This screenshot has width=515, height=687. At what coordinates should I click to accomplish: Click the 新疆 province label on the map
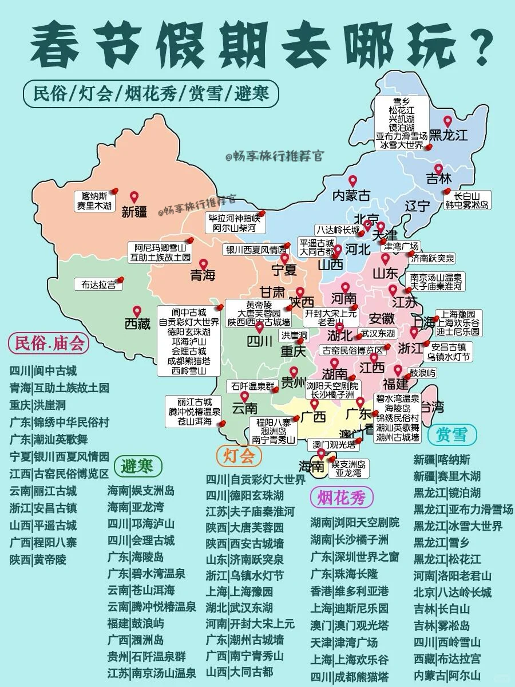(x=134, y=212)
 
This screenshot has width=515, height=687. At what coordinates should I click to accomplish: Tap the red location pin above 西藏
(x=137, y=311)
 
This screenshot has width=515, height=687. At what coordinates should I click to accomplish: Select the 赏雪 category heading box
(x=451, y=435)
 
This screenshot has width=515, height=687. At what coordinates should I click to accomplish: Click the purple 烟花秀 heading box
(x=341, y=498)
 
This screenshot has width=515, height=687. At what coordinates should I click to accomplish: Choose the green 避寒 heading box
(x=137, y=467)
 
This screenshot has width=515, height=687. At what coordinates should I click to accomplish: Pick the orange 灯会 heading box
(x=239, y=456)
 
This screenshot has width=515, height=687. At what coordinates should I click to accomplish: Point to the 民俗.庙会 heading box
(x=49, y=343)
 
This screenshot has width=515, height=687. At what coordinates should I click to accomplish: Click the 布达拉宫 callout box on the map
(x=98, y=284)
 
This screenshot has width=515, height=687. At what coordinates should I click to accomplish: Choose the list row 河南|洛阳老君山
(x=452, y=575)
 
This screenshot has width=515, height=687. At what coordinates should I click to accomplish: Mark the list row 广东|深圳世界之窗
(x=355, y=556)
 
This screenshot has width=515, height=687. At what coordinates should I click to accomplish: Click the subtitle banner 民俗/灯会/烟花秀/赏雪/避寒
(x=150, y=93)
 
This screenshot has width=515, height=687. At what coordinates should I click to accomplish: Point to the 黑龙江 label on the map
(x=449, y=136)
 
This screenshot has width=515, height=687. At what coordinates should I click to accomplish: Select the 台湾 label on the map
(x=433, y=407)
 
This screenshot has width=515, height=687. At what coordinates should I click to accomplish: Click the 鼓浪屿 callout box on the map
(x=422, y=373)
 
